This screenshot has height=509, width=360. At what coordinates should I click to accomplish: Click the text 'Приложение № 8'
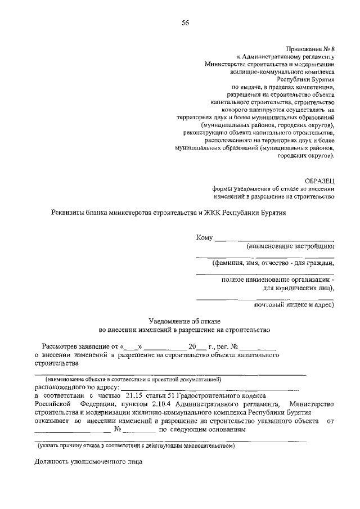pos(310,49)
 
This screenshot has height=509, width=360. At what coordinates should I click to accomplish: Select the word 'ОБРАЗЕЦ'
pos(319,181)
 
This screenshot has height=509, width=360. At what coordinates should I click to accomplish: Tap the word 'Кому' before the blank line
pos(204,238)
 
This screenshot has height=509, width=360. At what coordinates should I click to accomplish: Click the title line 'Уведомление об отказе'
pos(184,320)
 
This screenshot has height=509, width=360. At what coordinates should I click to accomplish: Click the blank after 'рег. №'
pos(259,348)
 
